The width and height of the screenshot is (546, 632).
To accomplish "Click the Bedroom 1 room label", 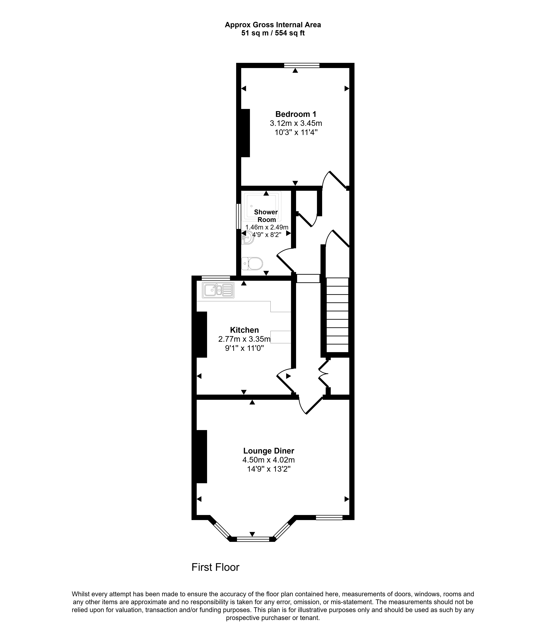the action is click(x=296, y=114).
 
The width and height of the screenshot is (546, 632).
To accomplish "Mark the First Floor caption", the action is click(x=215, y=567).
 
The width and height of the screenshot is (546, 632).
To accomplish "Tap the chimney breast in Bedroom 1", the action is click(x=246, y=133).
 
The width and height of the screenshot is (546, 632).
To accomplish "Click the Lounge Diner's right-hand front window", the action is click(x=329, y=517).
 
